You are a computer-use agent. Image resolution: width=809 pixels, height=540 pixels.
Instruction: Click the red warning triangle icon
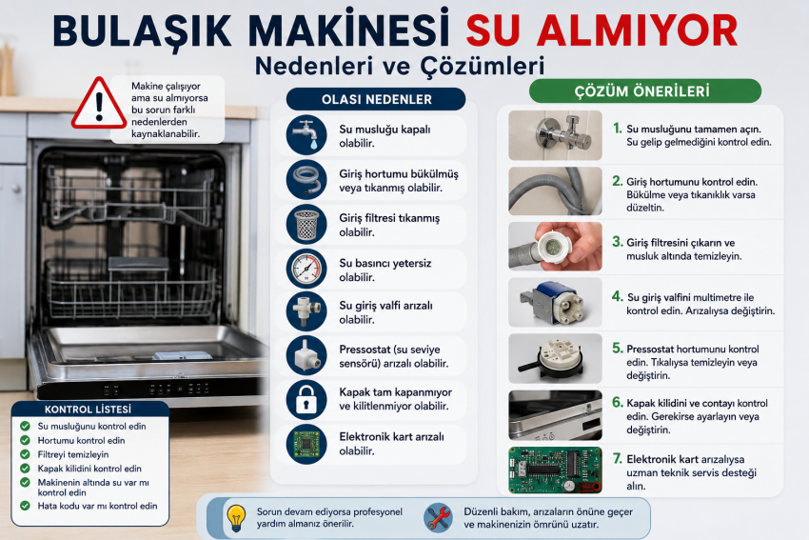click(x=99, y=104)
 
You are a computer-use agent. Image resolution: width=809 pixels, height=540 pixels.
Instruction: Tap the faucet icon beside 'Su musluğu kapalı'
click(x=306, y=134)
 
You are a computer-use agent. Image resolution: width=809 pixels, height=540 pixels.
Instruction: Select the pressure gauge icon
click(x=306, y=269)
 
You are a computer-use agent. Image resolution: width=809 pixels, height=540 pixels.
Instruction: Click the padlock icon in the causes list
click(x=306, y=400)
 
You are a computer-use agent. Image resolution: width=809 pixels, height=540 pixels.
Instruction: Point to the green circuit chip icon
click(x=306, y=444)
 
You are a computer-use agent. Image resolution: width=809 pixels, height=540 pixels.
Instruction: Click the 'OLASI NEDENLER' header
click(x=376, y=99)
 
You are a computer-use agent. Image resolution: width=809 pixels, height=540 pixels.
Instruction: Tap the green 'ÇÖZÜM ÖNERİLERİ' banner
click(x=645, y=90)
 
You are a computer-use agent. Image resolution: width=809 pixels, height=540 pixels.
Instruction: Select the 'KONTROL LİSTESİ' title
click(x=89, y=410)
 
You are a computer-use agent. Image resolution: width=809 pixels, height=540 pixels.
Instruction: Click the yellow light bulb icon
click(x=236, y=518)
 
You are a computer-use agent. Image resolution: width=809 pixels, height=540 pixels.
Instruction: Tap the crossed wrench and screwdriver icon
click(x=438, y=517)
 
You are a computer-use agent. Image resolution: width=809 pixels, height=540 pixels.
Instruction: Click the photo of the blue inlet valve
click(x=555, y=302)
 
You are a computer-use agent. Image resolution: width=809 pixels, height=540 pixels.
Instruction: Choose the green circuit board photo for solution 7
click(x=555, y=470)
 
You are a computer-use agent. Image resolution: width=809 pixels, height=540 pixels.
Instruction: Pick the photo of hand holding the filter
click(x=555, y=247)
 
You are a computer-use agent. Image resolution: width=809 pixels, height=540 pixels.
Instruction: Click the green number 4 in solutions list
click(x=618, y=296)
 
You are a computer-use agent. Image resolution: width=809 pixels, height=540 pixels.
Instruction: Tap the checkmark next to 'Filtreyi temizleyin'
click(x=25, y=454)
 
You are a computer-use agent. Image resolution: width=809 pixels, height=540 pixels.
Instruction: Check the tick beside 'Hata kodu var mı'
click(x=25, y=506)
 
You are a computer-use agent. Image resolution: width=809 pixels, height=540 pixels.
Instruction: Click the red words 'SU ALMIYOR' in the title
click(x=602, y=31)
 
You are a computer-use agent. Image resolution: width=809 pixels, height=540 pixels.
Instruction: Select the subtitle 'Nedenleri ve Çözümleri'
click(x=400, y=66)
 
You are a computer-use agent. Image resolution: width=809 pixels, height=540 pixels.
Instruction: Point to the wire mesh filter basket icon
click(x=306, y=224)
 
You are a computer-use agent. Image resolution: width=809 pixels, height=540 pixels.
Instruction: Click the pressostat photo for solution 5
click(x=555, y=358)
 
